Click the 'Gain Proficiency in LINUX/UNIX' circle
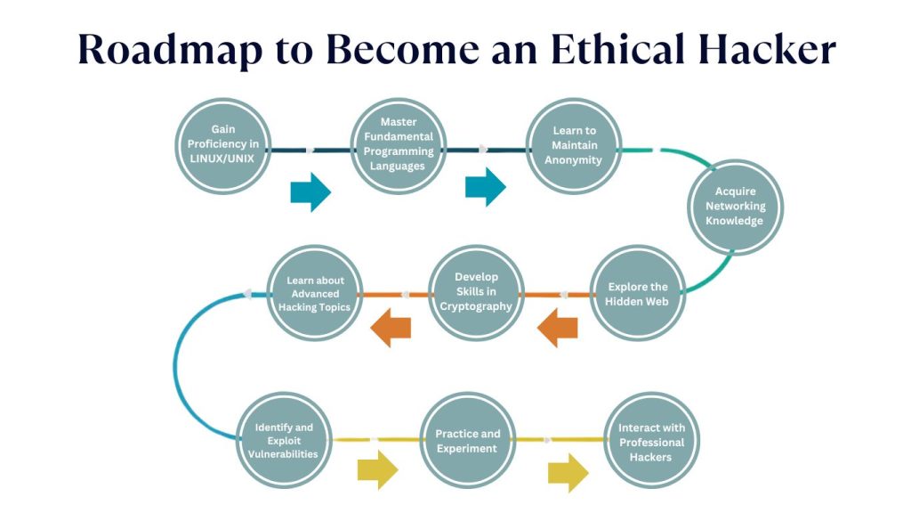222,146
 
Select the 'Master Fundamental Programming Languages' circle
397,146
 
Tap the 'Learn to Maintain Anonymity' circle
574,146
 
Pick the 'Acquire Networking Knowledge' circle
739,207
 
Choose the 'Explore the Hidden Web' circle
637,294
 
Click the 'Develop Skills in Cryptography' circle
476,293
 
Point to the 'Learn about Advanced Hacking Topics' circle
315,294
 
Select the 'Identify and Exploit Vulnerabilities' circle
285,441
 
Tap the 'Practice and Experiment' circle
467,441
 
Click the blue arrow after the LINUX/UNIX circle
310,191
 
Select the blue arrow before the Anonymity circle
485,187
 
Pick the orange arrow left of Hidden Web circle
558,328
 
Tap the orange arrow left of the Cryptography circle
391,327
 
